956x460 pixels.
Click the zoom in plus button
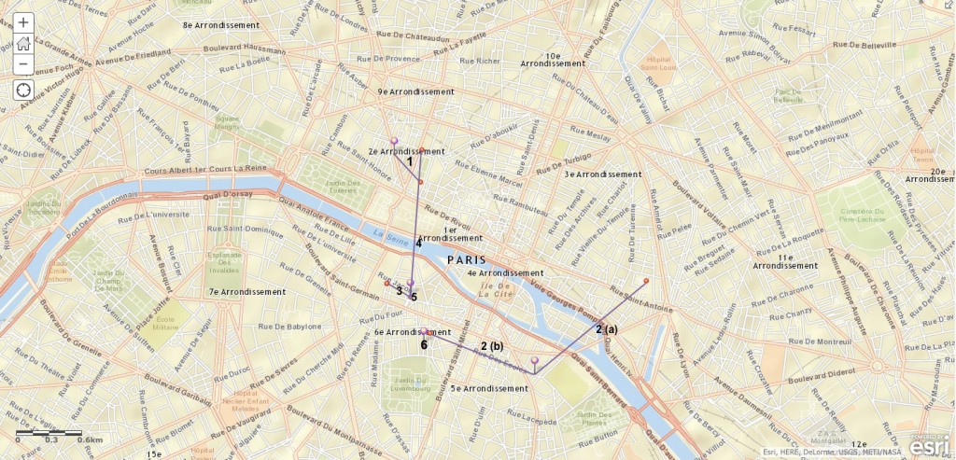[23, 22]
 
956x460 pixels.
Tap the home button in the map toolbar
[23, 43]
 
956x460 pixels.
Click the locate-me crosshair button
[23, 91]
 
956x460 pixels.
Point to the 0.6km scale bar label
[90, 439]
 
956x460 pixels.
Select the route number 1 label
[409, 161]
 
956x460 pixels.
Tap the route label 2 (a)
[607, 328]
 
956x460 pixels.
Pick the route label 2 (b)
[491, 346]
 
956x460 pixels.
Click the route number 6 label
[424, 345]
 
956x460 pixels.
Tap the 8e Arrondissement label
[220, 25]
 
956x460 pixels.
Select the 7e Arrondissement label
[246, 292]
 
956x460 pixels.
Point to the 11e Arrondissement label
[785, 261]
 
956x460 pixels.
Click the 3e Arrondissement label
[603, 174]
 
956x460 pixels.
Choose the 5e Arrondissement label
[490, 388]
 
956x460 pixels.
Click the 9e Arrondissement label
[415, 92]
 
